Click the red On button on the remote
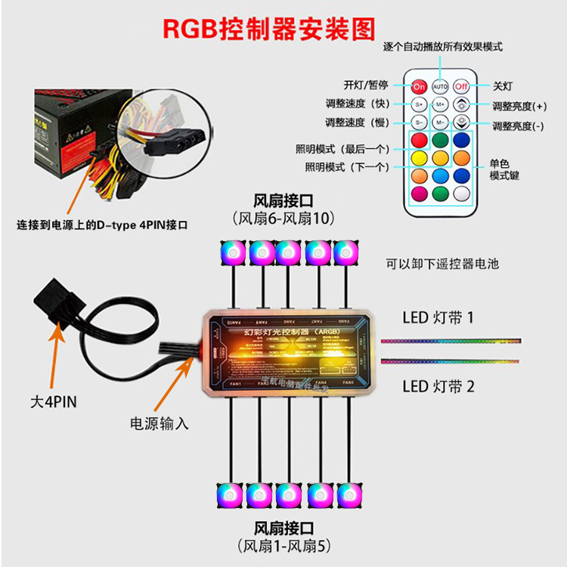420,87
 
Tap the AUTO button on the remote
441,87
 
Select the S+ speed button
420,104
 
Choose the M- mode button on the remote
441,122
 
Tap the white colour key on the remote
462,194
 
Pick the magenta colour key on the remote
420,194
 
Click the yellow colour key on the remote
420,158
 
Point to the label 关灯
503,86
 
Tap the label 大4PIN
54,402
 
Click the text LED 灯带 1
438,317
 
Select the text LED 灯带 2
438,386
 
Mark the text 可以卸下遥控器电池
442,264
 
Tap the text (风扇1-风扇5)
283,545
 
